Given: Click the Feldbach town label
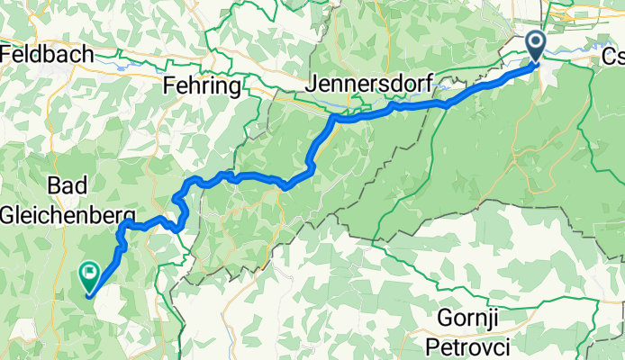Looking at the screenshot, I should (47, 55).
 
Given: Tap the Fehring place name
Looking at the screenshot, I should (203, 86).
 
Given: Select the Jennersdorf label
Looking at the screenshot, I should (370, 82).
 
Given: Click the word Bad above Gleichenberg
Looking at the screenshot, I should (68, 185).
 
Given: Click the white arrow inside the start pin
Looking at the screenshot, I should (535, 41).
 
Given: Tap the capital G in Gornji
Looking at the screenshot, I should (443, 318).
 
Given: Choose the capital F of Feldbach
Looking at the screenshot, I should (6, 55).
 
